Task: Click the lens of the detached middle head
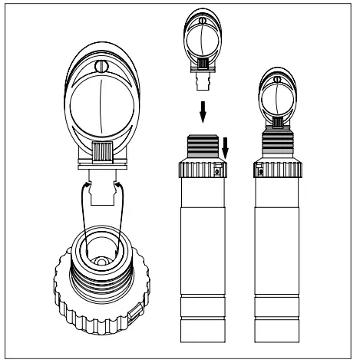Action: pyautogui.click(x=202, y=39)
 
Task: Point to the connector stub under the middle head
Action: pyautogui.click(x=203, y=77)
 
